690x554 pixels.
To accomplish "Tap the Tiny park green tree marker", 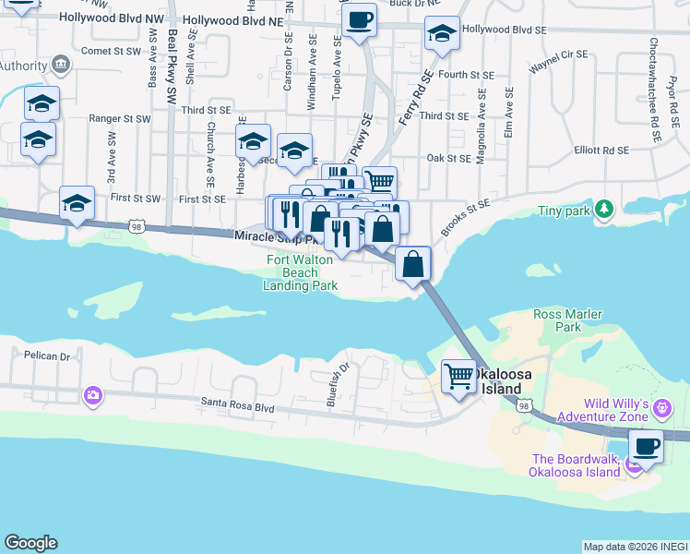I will click(x=603, y=211).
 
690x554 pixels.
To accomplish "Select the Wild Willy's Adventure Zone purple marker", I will click(x=660, y=407).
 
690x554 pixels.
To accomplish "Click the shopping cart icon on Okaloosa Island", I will click(x=458, y=377).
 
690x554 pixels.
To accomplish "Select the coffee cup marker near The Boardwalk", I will click(x=647, y=447).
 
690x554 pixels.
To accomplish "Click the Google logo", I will click(x=30, y=543).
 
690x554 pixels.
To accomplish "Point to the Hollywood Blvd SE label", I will click(x=504, y=30).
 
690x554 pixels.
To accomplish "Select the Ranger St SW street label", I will click(x=119, y=119).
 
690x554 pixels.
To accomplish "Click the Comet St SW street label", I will click(x=113, y=52).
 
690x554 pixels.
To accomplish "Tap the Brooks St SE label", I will click(x=464, y=214).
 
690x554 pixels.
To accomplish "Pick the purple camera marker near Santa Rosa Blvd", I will click(x=92, y=396).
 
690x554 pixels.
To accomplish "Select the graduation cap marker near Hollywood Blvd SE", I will click(x=442, y=35).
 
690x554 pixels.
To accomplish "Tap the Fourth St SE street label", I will click(x=467, y=75).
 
